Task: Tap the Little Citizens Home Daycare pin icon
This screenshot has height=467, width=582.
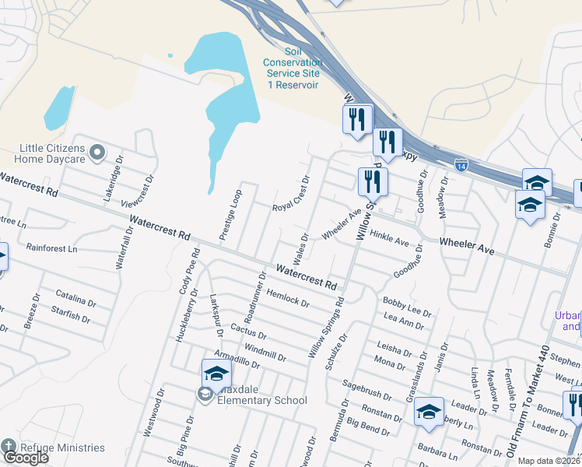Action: (x=96, y=153)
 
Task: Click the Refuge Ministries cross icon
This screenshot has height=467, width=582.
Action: (x=8, y=447)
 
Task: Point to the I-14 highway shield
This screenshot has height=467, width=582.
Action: (x=461, y=165)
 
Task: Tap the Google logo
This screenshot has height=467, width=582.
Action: (x=26, y=458)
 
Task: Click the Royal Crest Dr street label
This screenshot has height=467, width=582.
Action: (x=291, y=195)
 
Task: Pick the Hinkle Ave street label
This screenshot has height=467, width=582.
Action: (x=390, y=238)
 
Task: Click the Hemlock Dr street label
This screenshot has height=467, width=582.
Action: (x=288, y=297)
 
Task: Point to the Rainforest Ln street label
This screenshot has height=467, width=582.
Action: (x=51, y=249)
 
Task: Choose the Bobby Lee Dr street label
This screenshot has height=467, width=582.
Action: (x=406, y=305)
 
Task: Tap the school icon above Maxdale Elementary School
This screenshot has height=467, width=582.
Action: (x=216, y=373)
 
